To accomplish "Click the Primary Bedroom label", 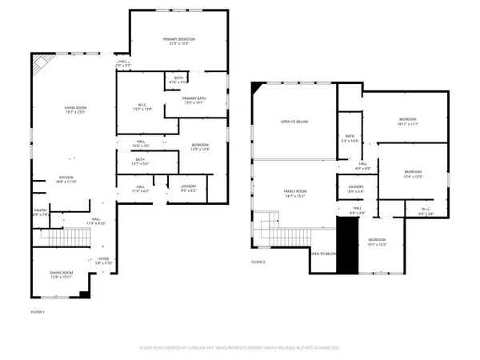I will pos(179,41).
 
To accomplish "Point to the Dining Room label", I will pos(62,275).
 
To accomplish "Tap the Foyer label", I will pos(104,260).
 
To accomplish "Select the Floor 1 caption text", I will pos(38,310).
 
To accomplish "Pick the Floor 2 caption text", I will pos(258,262).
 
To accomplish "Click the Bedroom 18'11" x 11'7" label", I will pos(408,122).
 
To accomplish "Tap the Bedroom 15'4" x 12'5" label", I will pos(412,174).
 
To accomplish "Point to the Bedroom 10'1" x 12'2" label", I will pos(377,242).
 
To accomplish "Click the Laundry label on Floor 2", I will pos(356,190).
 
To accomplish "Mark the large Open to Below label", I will pos(294,122).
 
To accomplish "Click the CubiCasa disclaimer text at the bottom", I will pos(239,348).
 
